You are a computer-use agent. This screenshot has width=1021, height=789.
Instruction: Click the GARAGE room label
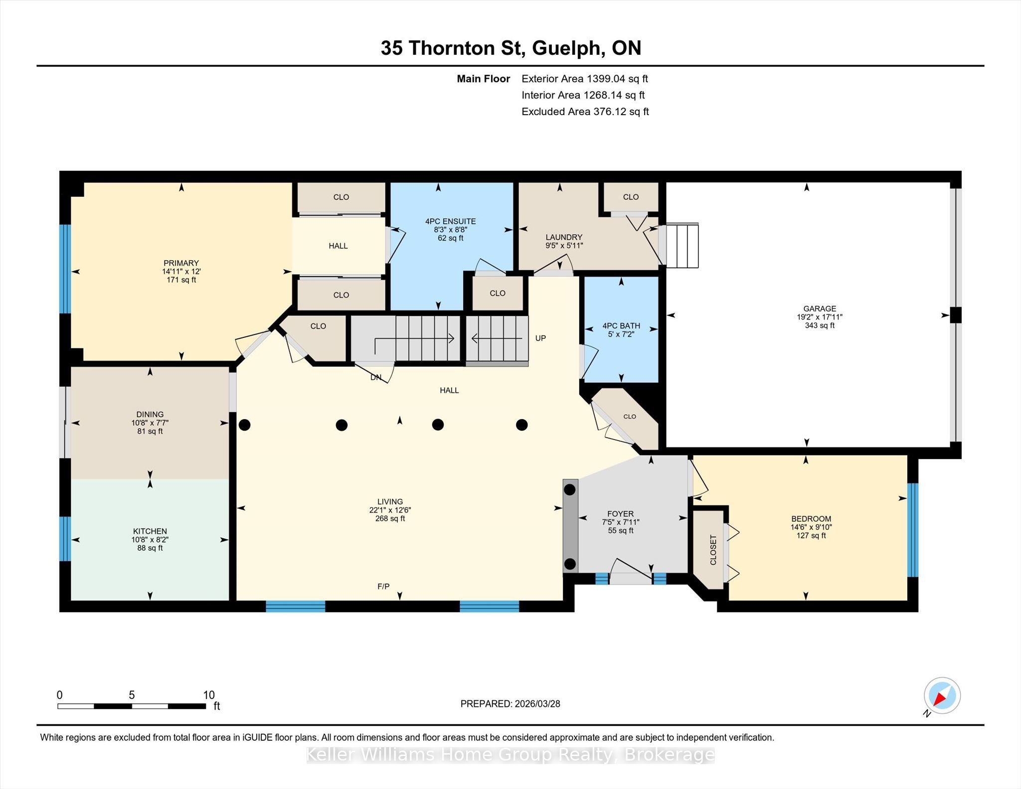820,309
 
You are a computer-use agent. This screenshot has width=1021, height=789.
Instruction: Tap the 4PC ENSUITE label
450,221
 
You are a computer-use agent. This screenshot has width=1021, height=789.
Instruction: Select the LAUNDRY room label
564,237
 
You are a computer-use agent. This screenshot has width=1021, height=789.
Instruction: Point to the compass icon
942,696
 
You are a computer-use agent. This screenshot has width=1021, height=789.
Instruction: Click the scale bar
132,706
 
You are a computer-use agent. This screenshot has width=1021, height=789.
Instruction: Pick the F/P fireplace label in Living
383,586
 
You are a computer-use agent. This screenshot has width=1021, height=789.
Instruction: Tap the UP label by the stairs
540,338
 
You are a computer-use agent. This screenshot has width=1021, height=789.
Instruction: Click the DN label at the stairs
376,377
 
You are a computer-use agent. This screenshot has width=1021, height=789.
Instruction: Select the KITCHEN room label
150,531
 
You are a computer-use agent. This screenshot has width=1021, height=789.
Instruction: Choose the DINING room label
150,414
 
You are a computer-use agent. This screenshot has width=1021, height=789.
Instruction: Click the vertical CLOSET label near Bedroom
713,550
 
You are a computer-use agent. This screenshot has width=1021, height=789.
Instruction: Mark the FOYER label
621,514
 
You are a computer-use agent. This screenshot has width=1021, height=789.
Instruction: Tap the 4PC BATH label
621,326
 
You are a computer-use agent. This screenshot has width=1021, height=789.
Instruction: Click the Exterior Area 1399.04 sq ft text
585,79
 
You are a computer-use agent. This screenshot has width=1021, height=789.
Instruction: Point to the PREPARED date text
510,704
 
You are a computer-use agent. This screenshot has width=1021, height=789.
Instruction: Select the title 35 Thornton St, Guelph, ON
511,48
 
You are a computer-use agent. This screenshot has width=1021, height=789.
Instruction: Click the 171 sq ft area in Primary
181,280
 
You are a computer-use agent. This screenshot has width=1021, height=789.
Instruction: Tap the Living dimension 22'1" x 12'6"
390,510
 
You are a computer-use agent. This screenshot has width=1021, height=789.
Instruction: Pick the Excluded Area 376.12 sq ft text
585,112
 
